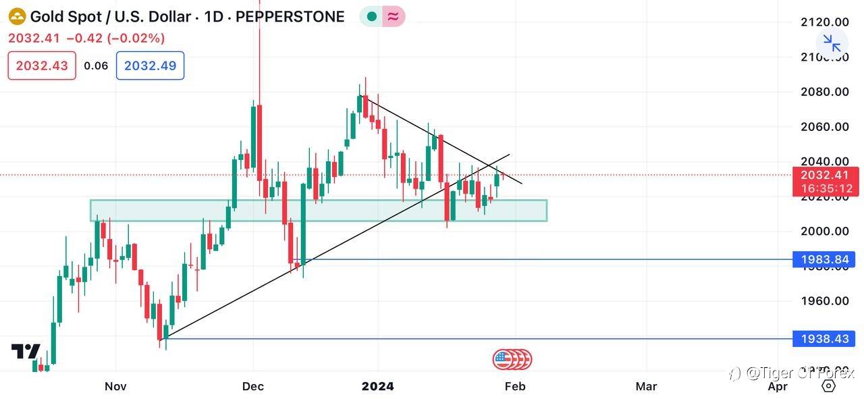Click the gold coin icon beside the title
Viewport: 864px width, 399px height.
17,17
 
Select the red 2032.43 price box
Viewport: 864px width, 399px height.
42,65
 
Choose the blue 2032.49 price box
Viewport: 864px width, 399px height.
150,65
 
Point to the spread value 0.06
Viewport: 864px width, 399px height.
96,65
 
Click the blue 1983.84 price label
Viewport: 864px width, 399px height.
824,259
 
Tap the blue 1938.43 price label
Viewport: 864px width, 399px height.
824,339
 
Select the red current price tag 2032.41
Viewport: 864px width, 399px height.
825,175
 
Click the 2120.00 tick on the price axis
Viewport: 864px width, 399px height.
824,22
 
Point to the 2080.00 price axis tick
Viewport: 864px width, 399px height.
824,92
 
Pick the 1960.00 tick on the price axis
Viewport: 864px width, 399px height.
824,301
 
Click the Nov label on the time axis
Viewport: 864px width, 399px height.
115,387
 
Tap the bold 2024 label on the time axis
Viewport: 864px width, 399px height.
378,387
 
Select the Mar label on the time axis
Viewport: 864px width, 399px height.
646,387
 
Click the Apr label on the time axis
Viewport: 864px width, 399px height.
778,387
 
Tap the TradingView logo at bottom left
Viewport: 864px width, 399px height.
26,352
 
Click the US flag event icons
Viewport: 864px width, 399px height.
512,360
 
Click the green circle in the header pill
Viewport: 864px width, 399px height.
371,17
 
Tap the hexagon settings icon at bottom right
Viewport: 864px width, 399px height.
828,386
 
